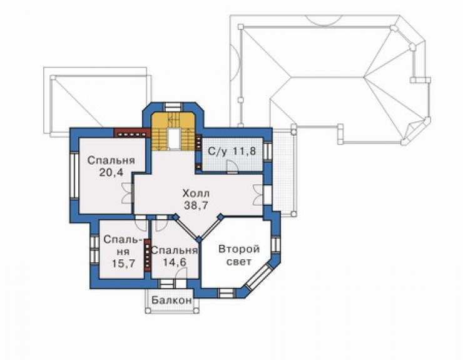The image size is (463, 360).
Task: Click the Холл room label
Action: [196, 194]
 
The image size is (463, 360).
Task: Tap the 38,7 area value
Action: [196, 205]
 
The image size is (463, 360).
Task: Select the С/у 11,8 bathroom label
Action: [232, 152]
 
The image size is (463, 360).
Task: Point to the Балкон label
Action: [171, 301]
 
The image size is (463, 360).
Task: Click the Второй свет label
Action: [239, 255]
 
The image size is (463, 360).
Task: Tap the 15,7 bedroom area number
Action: [123, 263]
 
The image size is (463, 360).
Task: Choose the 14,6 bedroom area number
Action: [175, 262]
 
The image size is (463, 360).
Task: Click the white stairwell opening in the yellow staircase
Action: [174, 139]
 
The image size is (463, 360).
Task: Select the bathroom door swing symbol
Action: [232, 167]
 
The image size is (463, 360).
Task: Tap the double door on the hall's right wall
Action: [258, 195]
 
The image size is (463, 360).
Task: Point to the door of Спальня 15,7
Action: [141, 223]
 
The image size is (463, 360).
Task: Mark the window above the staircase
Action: [174, 106]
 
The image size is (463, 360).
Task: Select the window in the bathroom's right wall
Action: [267, 151]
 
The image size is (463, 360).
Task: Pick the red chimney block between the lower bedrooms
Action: [147, 255]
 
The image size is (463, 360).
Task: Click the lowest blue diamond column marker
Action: [200, 239]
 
